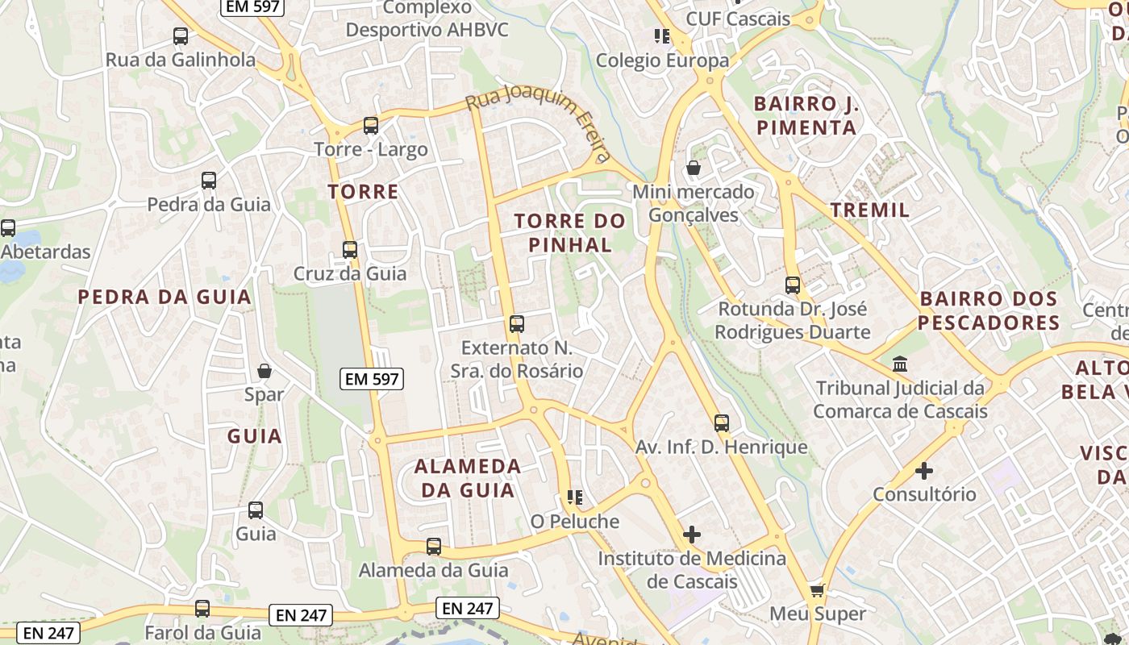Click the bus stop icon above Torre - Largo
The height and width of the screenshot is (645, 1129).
(x=371, y=126)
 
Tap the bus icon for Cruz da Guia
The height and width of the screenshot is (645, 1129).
(x=350, y=250)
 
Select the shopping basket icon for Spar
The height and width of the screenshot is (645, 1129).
(x=265, y=371)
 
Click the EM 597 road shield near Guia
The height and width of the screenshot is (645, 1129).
(x=372, y=378)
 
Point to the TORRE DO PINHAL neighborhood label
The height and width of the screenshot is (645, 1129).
(x=570, y=232)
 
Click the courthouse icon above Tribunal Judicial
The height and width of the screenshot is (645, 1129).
(x=900, y=364)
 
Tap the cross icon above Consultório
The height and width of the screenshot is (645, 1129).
(x=924, y=470)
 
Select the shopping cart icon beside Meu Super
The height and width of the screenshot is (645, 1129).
(x=817, y=591)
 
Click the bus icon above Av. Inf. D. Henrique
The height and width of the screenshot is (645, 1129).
(x=722, y=423)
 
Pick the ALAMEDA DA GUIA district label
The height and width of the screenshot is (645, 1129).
(x=468, y=478)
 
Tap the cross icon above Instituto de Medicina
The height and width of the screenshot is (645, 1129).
(x=692, y=534)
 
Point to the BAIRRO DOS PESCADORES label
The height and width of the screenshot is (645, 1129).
(x=989, y=310)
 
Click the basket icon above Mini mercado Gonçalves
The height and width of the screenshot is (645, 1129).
(x=693, y=168)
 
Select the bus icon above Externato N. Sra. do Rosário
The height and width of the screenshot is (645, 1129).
(x=517, y=324)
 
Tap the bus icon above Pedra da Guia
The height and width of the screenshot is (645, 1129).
(x=209, y=181)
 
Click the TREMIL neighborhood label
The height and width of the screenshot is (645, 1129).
(x=870, y=210)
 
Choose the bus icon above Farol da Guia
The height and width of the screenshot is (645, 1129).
(x=202, y=609)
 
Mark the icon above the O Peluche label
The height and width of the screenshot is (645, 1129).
(x=574, y=497)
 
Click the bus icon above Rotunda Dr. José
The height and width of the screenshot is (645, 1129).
(x=793, y=285)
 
